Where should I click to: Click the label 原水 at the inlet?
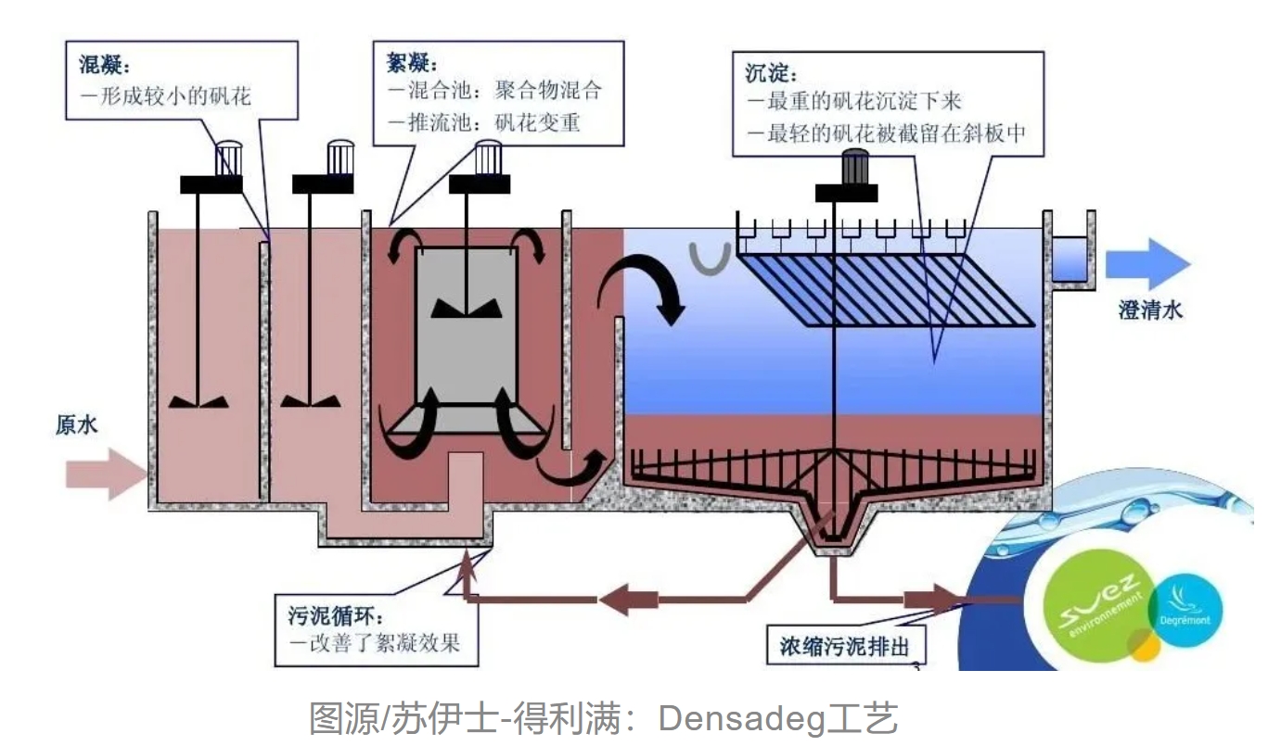click(x=75, y=426)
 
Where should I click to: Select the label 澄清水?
click(x=1150, y=310)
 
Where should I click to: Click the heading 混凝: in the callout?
click(x=104, y=67)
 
